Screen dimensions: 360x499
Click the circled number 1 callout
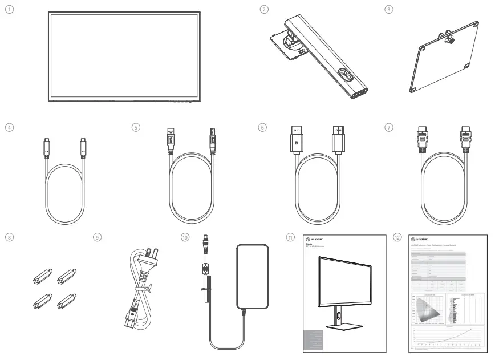tap(7, 11)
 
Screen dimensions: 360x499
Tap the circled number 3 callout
tap(388, 10)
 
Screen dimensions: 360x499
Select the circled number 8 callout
tap(7, 236)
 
